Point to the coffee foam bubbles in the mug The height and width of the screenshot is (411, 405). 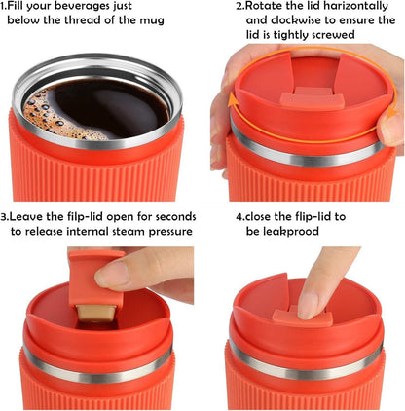49,115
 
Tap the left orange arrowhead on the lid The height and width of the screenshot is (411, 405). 233,99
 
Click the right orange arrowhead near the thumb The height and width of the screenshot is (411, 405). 392,112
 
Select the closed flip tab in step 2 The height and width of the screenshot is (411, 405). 312,99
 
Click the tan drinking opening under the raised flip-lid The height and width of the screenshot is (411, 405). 95,313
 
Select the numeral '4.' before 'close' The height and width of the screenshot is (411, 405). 240,216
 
